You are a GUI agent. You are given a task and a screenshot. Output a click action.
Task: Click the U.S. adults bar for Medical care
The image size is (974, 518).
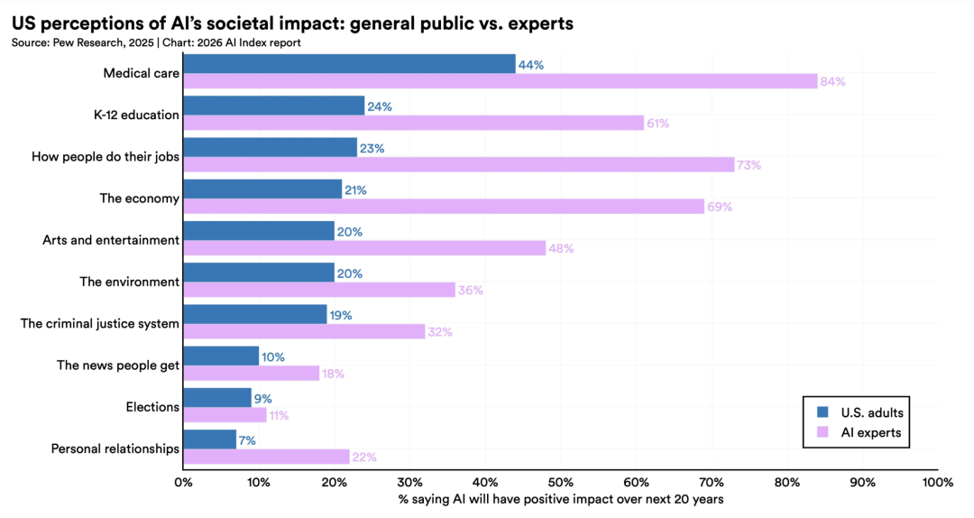tap(349, 63)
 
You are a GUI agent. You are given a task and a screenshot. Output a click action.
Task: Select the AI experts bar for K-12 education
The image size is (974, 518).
tap(413, 123)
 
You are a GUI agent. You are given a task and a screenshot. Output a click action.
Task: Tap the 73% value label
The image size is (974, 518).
tap(749, 165)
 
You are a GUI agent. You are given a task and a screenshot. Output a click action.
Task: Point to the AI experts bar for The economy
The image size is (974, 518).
tap(443, 207)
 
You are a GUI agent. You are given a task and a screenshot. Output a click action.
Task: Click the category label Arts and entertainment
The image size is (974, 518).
tap(111, 240)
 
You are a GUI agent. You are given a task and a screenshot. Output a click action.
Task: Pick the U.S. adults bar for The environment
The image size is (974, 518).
tap(259, 273)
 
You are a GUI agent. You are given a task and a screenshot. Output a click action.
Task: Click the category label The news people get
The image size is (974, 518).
tap(117, 365)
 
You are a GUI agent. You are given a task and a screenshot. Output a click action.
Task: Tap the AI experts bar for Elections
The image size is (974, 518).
tap(225, 415)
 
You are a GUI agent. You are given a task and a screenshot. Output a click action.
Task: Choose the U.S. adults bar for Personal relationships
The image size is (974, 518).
tap(209, 439)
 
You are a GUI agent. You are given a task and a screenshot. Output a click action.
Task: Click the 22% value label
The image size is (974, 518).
tap(363, 458)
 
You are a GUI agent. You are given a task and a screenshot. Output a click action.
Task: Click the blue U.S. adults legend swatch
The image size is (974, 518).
tap(821, 412)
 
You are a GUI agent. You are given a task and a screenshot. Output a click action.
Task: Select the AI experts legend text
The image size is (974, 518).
tap(870, 433)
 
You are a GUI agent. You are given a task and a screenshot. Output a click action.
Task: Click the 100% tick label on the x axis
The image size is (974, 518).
tap(938, 483)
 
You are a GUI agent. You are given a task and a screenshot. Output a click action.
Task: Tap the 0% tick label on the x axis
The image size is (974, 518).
tap(183, 483)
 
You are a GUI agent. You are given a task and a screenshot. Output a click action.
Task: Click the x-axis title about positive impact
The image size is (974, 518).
tap(560, 499)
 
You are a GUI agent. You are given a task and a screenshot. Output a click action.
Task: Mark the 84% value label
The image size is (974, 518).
tap(832, 82)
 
